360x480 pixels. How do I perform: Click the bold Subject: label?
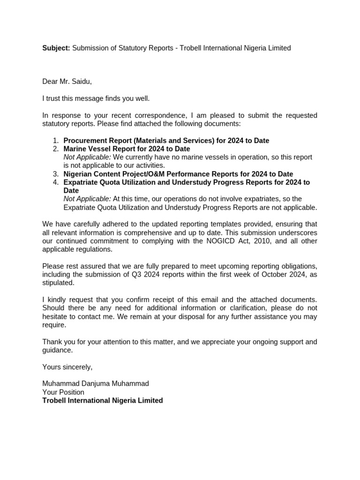(56, 48)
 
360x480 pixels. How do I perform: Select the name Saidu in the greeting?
(82, 82)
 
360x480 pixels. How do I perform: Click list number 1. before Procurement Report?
(55, 141)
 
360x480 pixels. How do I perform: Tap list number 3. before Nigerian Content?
(55, 174)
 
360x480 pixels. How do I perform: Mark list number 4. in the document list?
(55, 182)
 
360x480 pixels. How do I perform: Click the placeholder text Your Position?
(63, 392)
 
